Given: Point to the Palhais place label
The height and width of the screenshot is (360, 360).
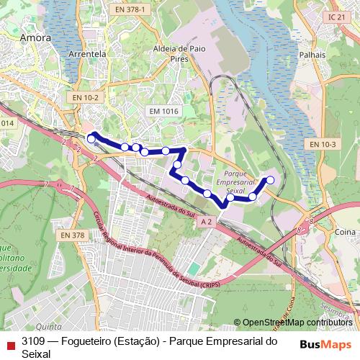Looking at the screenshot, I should click(316, 55).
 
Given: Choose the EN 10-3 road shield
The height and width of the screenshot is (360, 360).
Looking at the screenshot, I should click(323, 145).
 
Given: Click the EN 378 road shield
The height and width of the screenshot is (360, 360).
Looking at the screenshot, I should click(73, 235).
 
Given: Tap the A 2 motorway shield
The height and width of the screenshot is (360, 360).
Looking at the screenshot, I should click(207, 222).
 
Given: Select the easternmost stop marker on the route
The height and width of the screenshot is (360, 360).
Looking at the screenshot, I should click(271, 180).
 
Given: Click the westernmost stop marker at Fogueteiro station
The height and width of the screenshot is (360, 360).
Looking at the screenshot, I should click(91, 138).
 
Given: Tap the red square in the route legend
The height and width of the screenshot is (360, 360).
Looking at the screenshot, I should click(10, 341).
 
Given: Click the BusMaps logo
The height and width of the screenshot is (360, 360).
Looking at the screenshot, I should click(324, 343).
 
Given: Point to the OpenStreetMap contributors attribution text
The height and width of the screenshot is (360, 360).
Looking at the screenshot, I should click(297, 323).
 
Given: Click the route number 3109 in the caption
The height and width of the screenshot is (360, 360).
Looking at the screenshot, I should click(34, 341).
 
